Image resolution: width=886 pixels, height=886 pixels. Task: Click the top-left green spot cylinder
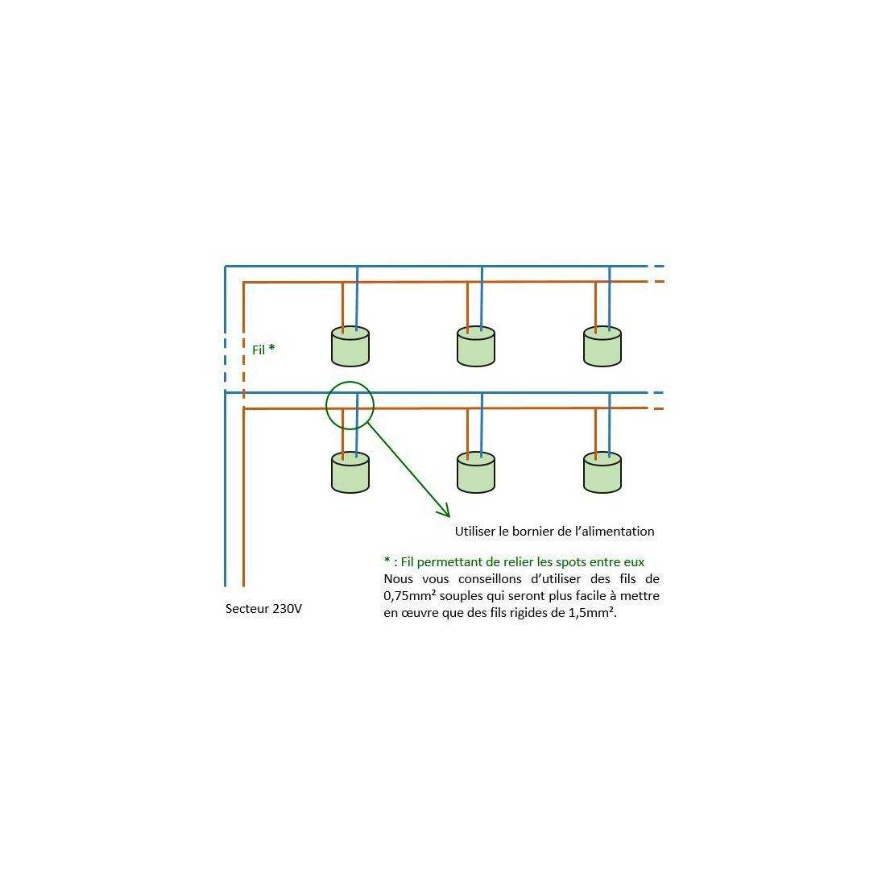350,346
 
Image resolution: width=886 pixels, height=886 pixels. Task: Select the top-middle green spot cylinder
476,346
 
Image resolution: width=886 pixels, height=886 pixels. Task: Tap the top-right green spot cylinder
602,346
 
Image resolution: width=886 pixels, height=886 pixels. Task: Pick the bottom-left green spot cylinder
350,472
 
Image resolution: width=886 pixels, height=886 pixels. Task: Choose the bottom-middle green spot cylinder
476,472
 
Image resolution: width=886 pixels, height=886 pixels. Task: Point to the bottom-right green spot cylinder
602,472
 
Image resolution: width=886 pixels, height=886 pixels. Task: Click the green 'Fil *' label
263,350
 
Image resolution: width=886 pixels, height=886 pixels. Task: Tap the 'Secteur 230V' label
264,609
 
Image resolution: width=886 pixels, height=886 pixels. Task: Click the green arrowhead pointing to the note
444,511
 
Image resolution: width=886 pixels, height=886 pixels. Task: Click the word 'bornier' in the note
529,531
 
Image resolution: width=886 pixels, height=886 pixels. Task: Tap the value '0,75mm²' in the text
410,595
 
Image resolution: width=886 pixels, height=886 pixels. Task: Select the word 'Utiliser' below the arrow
475,531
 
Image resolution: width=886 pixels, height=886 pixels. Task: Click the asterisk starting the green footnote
387,560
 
